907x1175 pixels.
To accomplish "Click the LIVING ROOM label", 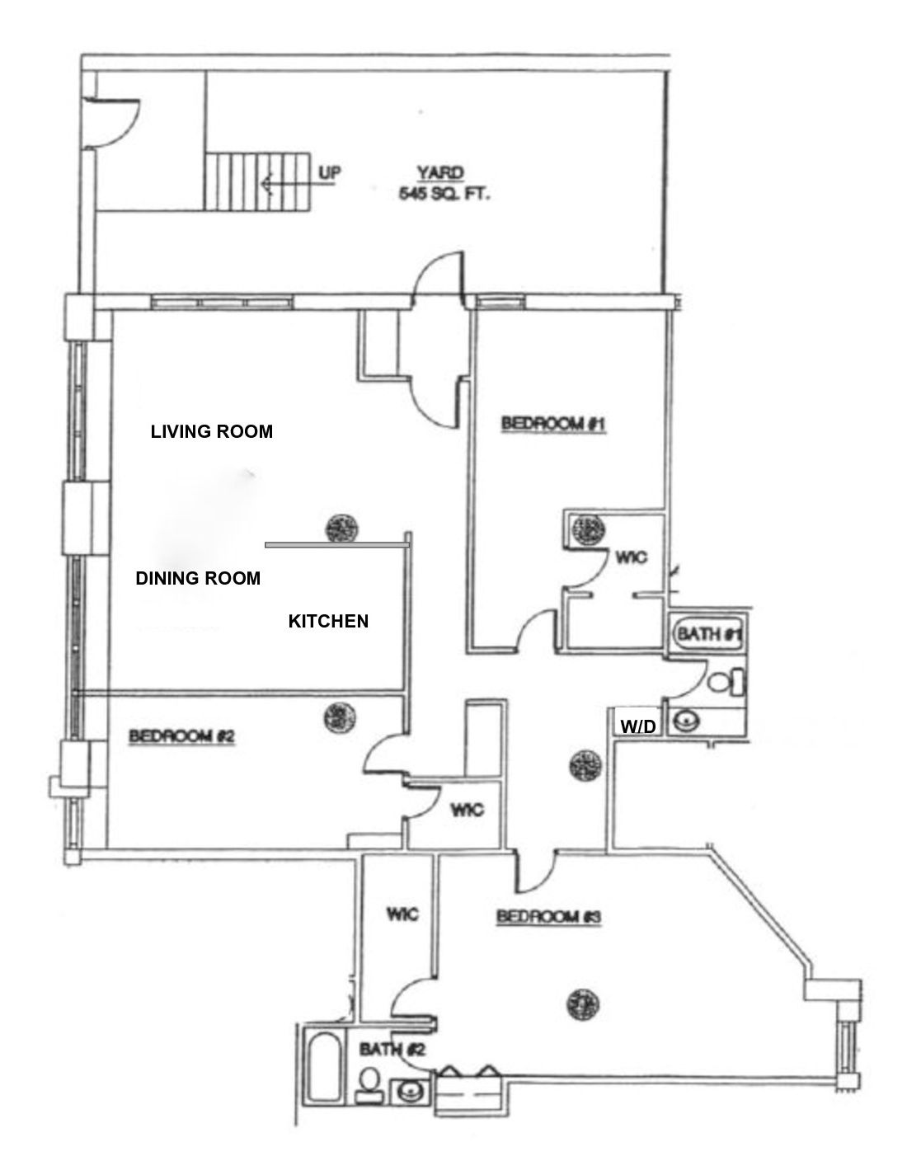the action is (x=211, y=431).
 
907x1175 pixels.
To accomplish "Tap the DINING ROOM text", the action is (x=198, y=578).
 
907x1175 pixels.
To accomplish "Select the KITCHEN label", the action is (x=327, y=621).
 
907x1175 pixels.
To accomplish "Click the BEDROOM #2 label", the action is (x=182, y=736).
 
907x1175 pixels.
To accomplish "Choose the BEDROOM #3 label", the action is (x=549, y=916).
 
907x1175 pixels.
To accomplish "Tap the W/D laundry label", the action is (x=638, y=726).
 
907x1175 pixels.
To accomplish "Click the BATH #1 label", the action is (x=710, y=634).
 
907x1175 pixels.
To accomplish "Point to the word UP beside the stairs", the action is (x=329, y=172).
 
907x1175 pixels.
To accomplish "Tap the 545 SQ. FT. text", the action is (x=439, y=196).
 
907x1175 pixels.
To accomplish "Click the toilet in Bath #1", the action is (x=725, y=683).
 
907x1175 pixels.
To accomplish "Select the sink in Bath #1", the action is (x=684, y=721).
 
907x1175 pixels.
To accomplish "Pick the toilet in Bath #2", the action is (x=369, y=1083).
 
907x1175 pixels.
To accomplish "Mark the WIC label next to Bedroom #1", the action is (x=631, y=557).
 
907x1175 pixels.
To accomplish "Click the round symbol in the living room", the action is (x=341, y=527).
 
